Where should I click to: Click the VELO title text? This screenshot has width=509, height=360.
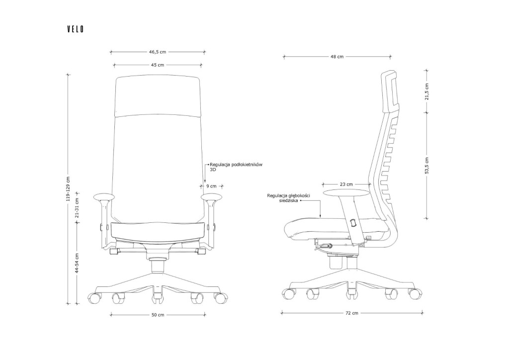tap(76, 29)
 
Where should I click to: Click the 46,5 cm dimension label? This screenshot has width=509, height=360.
tap(158, 52)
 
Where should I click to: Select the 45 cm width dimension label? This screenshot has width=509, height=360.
tap(158, 65)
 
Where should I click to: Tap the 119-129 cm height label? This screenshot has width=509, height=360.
tap(68, 188)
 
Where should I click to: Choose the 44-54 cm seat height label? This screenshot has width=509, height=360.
tap(77, 263)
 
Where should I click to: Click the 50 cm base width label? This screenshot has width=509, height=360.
tap(158, 315)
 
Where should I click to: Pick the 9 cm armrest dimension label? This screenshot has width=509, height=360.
tap(211, 186)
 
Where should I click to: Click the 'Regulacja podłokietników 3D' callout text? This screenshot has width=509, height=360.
tap(236, 167)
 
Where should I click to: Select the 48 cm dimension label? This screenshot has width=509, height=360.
tap(337, 57)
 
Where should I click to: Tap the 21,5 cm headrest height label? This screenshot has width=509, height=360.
tap(427, 91)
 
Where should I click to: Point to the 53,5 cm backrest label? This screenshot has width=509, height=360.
tap(427, 166)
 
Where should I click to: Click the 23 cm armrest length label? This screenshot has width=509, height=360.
tap(346, 184)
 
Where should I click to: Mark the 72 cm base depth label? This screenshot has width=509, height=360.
tap(351, 313)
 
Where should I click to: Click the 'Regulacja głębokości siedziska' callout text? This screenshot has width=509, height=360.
tap(289, 198)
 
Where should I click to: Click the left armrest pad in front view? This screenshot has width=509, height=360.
tap(104, 197)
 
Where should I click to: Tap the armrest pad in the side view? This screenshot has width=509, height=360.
tap(346, 193)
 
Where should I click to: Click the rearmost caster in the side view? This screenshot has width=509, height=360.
tap(415, 293)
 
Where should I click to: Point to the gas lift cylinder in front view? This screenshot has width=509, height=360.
tap(158, 266)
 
